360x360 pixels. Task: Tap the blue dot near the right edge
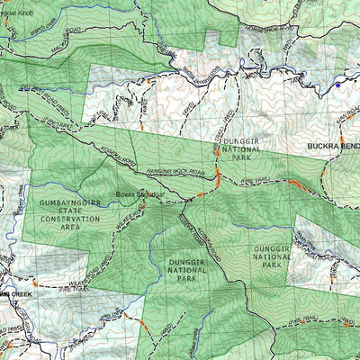(x=337, y=85)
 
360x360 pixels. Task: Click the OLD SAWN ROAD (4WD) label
(x=31, y=87)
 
